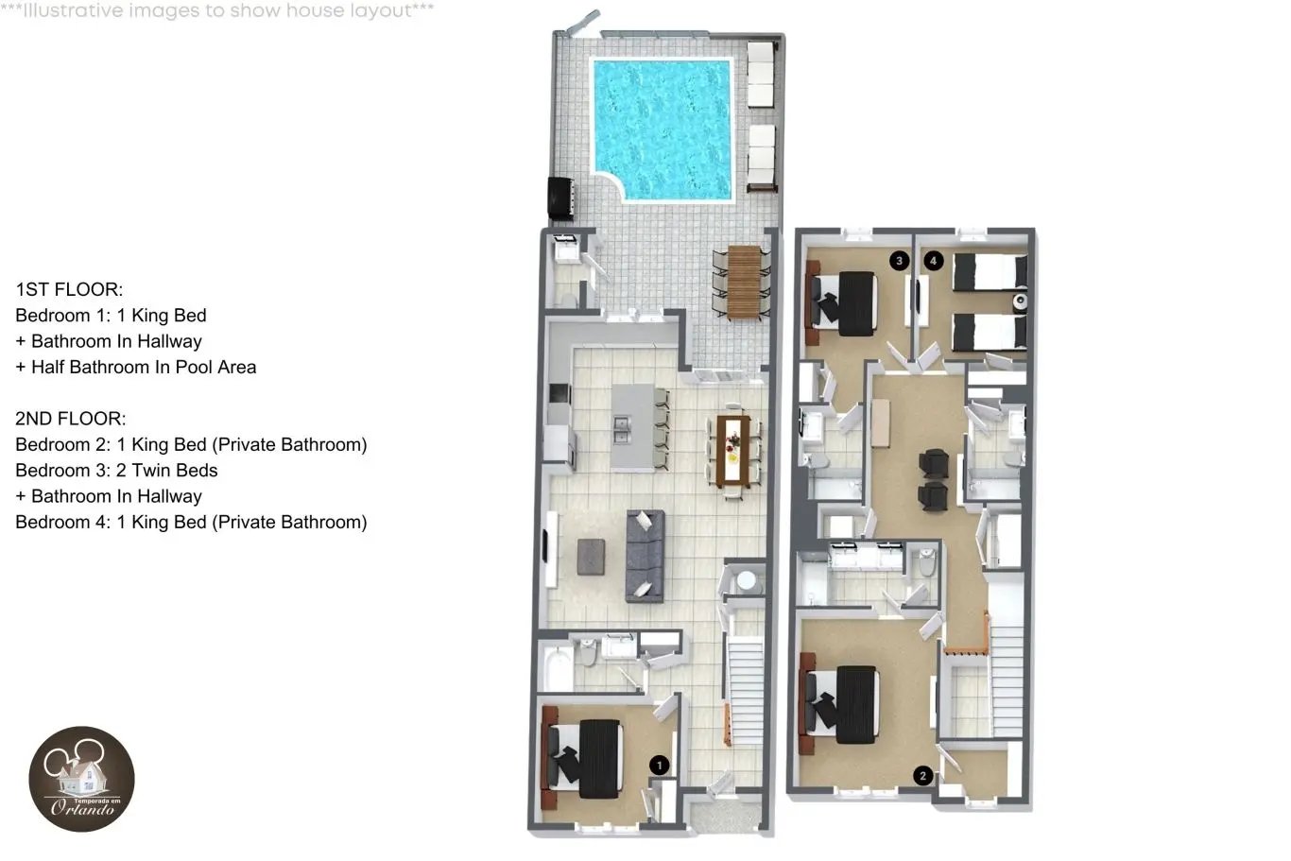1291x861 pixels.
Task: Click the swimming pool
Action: tap(663, 129)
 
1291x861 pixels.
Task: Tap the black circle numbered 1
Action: tap(660, 766)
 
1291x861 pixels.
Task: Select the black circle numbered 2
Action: tap(922, 776)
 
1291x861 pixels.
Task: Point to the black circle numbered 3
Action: tap(899, 261)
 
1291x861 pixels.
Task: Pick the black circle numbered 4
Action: tap(934, 261)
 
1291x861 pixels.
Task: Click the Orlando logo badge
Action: tap(82, 779)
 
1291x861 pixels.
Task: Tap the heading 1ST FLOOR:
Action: tap(69, 289)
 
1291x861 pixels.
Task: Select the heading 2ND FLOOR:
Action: tap(70, 419)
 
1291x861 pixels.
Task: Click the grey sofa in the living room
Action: tap(645, 556)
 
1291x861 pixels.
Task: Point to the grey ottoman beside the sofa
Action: tap(592, 557)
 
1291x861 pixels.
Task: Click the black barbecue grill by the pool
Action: tap(560, 198)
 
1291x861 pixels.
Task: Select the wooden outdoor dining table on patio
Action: tap(744, 282)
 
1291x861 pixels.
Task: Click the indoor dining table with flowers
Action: tap(733, 450)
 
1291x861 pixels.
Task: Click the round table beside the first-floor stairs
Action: tap(747, 581)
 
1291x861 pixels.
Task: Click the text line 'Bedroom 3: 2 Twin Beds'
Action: tap(116, 471)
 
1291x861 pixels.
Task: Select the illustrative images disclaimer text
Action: tap(217, 10)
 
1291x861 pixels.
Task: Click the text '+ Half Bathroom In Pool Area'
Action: tap(136, 367)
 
